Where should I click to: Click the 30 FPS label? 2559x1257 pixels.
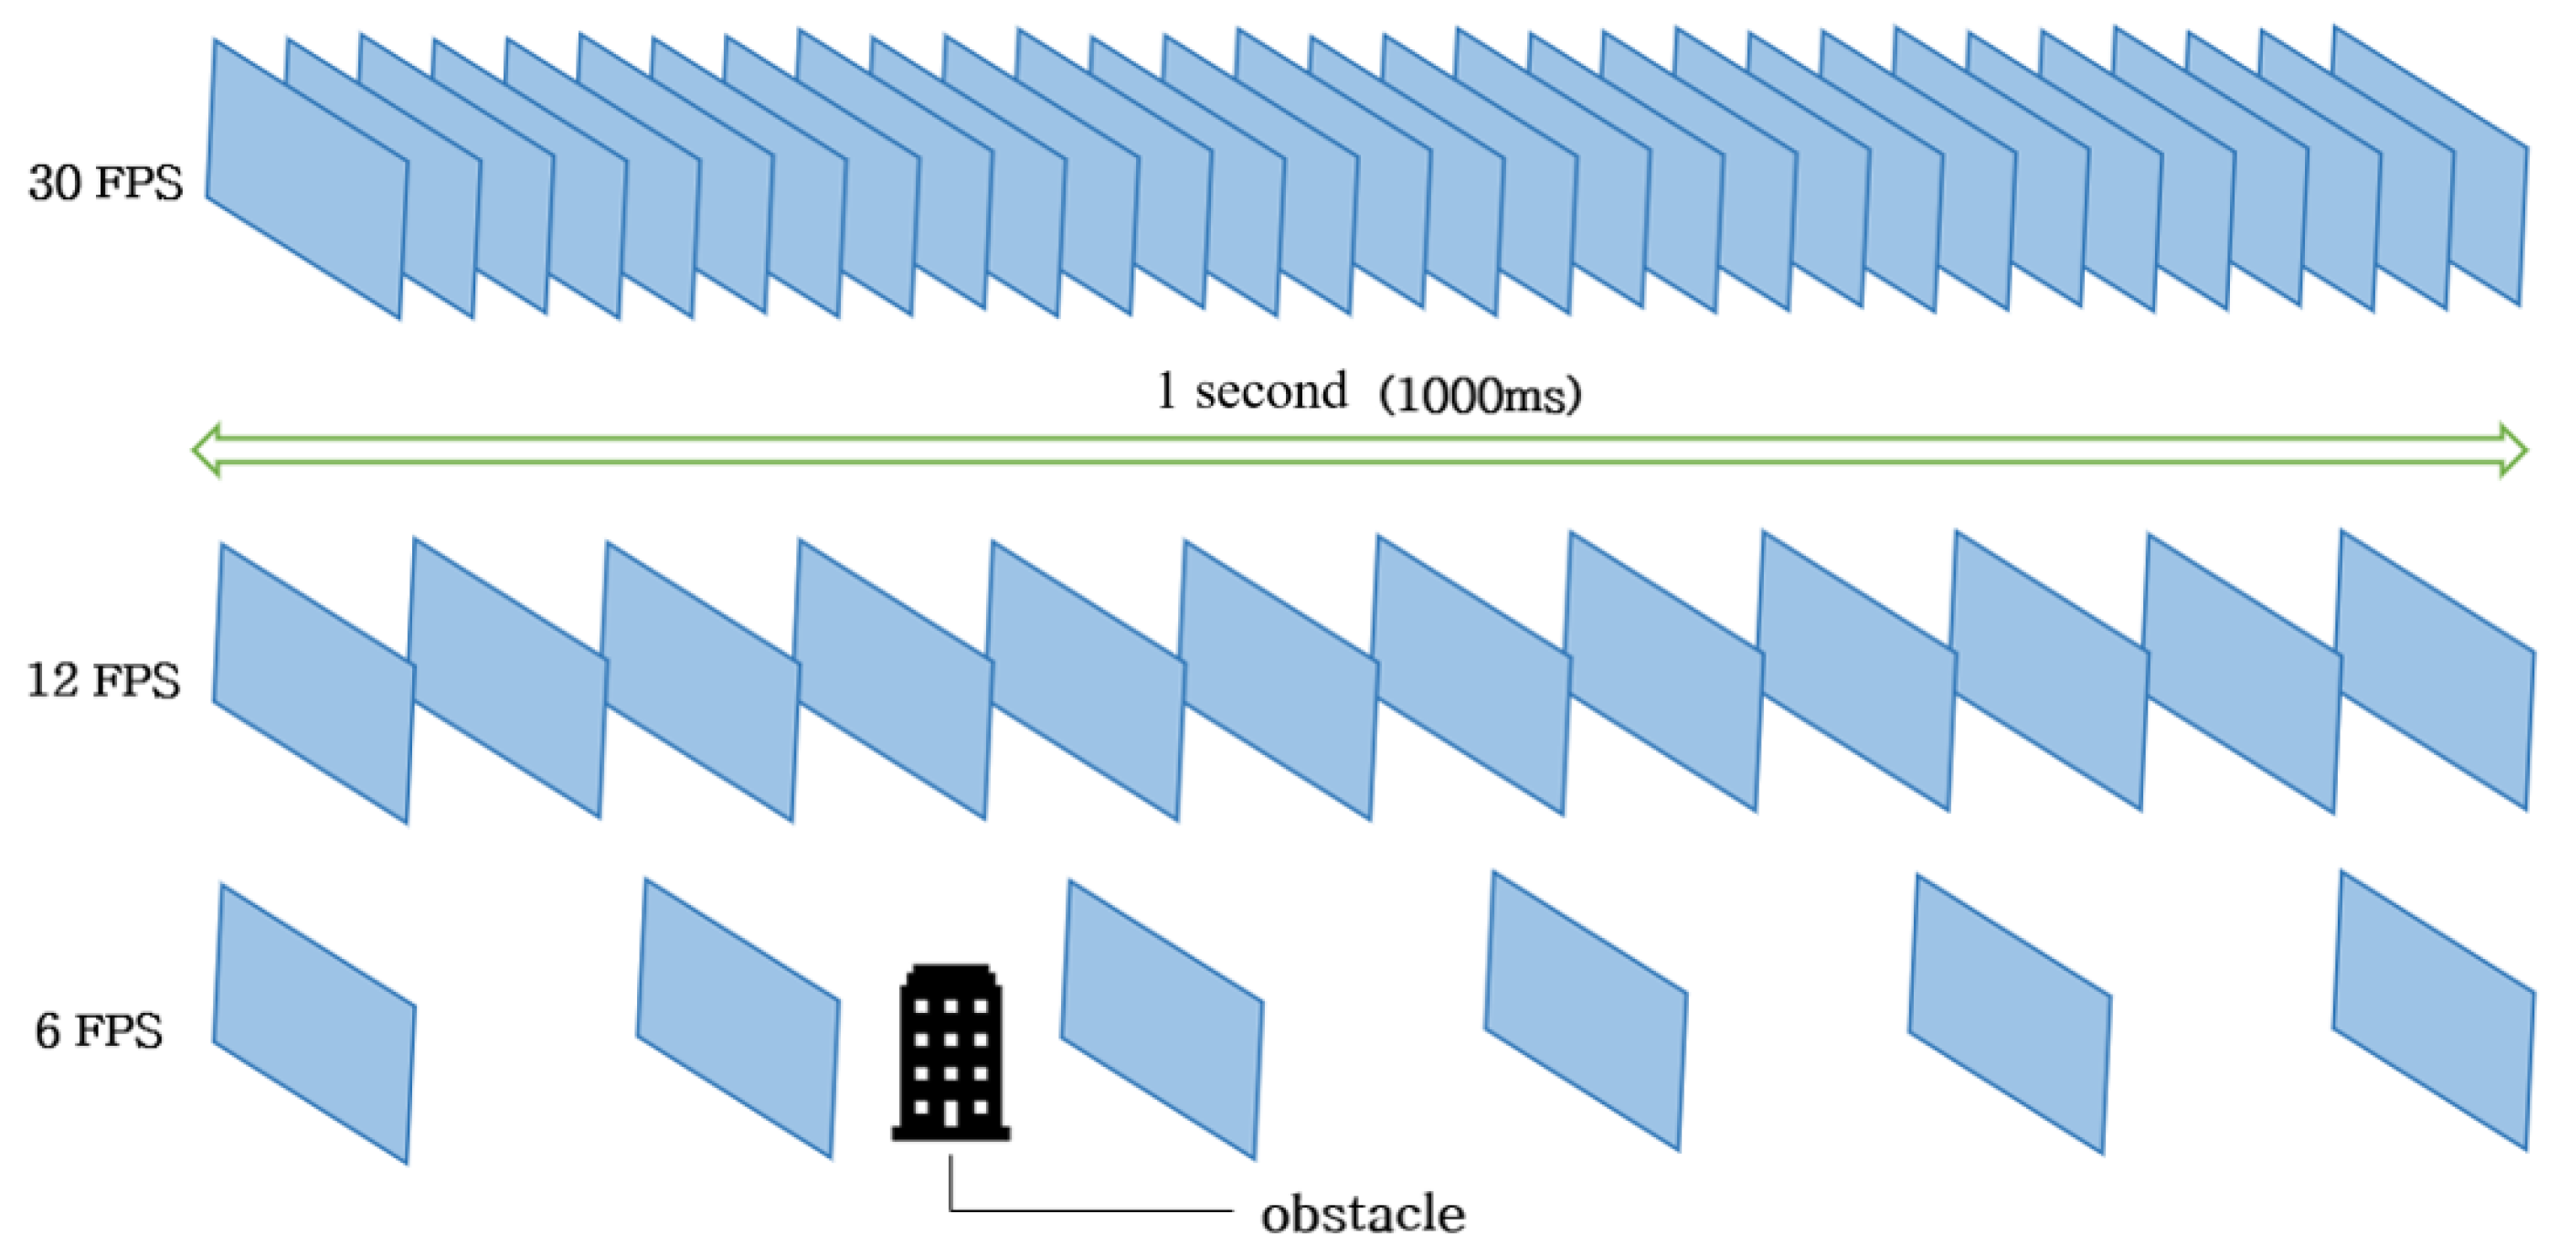pyautogui.click(x=105, y=184)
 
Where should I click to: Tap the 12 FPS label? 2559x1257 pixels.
pyautogui.click(x=103, y=682)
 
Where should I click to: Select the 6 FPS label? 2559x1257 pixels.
pyautogui.click(x=99, y=1031)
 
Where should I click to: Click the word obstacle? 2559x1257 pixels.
pyautogui.click(x=1363, y=1214)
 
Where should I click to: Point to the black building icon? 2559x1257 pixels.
pyautogui.click(x=950, y=1053)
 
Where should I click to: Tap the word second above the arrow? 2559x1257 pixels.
pyautogui.click(x=1270, y=391)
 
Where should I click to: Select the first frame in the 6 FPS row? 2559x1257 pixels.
pyautogui.click(x=313, y=1024)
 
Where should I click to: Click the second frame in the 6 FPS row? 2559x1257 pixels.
pyautogui.click(x=738, y=1018)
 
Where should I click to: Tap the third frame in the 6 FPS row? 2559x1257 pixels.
pyautogui.click(x=1162, y=1019)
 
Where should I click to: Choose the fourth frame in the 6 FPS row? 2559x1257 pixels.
pyautogui.click(x=1586, y=1012)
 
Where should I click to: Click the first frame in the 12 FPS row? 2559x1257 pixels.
pyautogui.click(x=313, y=684)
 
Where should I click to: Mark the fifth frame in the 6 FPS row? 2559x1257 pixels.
pyautogui.click(x=2009, y=1015)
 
